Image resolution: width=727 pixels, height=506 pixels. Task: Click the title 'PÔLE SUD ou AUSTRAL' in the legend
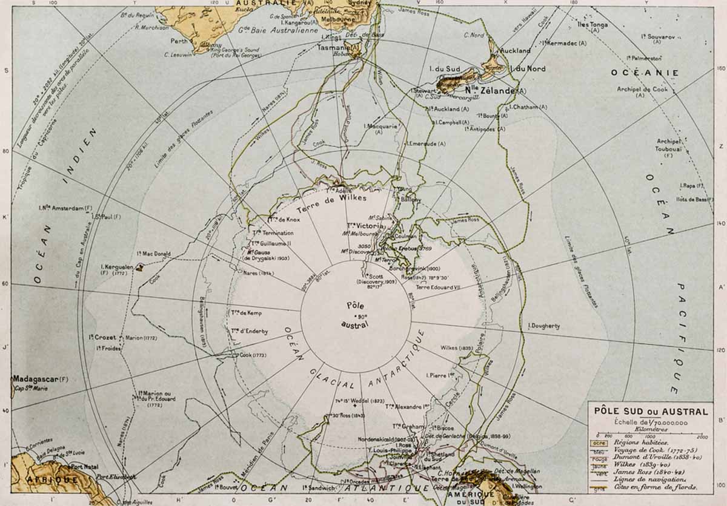click(x=651, y=412)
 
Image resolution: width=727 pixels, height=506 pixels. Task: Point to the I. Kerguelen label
click(x=116, y=266)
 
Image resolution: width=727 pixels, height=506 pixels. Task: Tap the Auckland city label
click(x=515, y=51)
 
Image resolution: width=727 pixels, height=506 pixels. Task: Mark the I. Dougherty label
click(x=543, y=326)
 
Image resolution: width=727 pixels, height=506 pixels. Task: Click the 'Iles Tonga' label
click(x=593, y=25)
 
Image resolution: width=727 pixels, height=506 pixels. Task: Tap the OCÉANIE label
click(x=645, y=73)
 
